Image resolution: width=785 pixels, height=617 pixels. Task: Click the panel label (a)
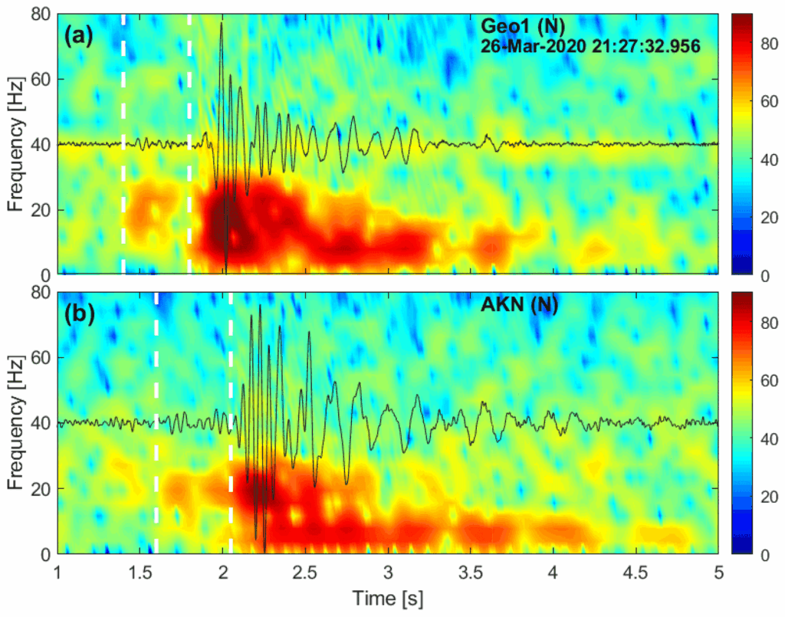click(79, 35)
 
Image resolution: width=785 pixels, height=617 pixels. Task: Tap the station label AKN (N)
click(519, 305)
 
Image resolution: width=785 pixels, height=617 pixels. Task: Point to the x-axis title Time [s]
click(388, 596)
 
